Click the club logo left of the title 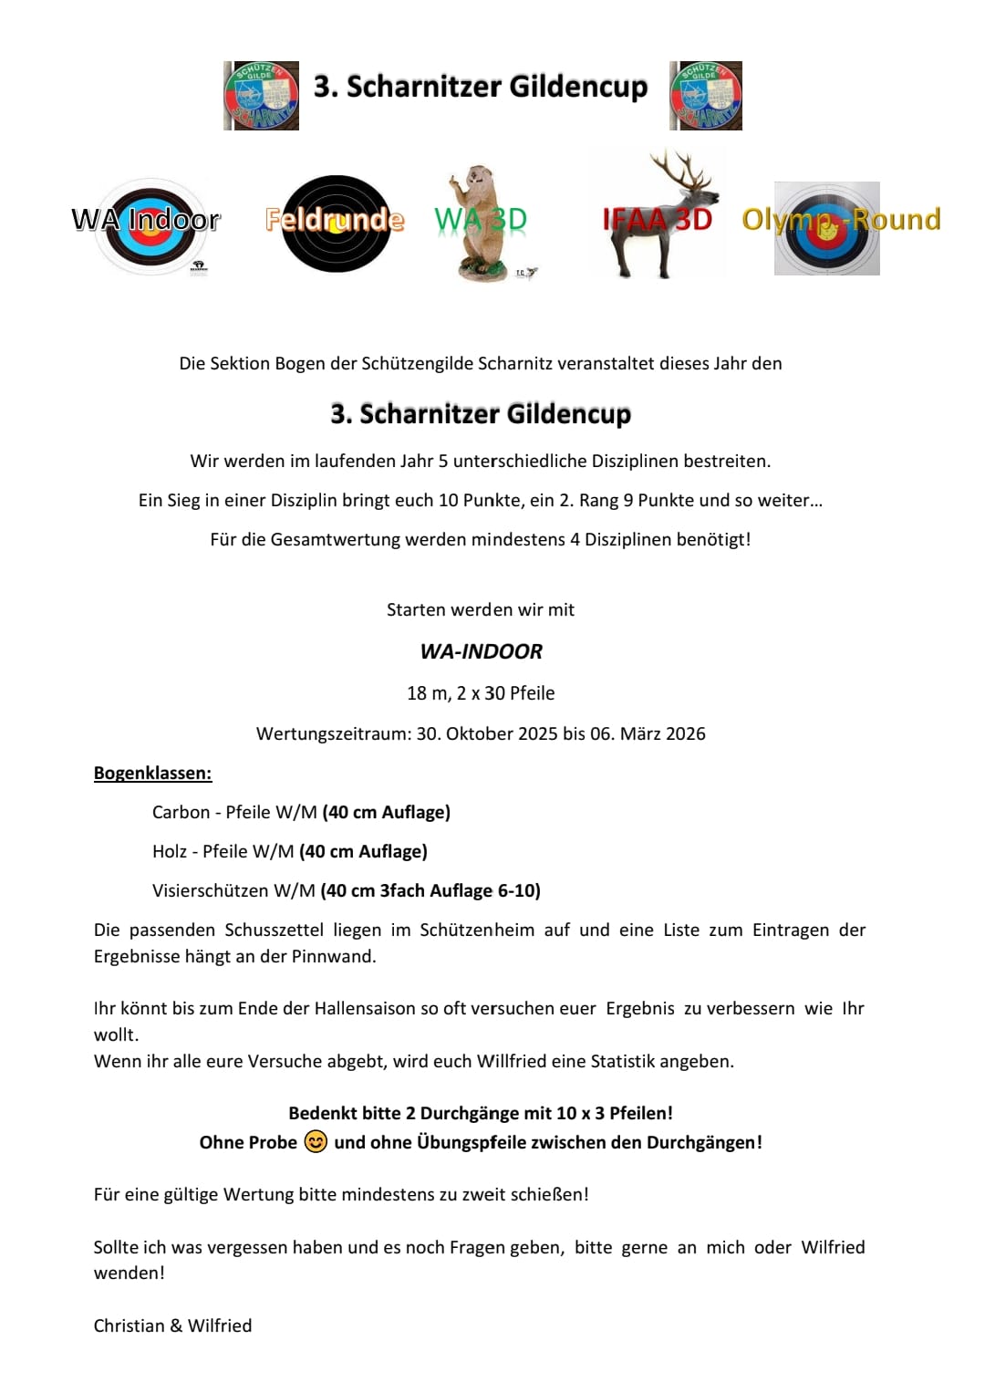pyautogui.click(x=262, y=96)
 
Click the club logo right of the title pyautogui.click(x=706, y=96)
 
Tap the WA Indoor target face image pyautogui.click(x=146, y=226)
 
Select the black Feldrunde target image pyautogui.click(x=336, y=224)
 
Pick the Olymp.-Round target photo pyautogui.click(x=826, y=228)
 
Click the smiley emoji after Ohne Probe pyautogui.click(x=316, y=1142)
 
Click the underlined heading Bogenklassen pyautogui.click(x=152, y=774)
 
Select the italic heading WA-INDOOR pyautogui.click(x=481, y=651)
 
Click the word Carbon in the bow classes pyautogui.click(x=181, y=812)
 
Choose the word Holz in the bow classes pyautogui.click(x=170, y=851)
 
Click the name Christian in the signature pyautogui.click(x=129, y=1325)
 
